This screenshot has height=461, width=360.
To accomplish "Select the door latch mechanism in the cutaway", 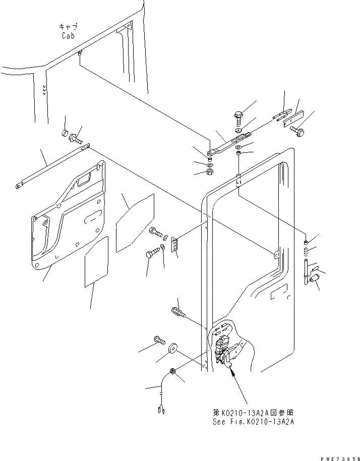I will point(223,351).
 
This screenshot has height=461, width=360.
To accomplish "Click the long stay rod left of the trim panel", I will point(50,165).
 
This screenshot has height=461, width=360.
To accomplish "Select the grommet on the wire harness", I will point(172,372).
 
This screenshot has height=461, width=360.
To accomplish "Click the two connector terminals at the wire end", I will point(162,409).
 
